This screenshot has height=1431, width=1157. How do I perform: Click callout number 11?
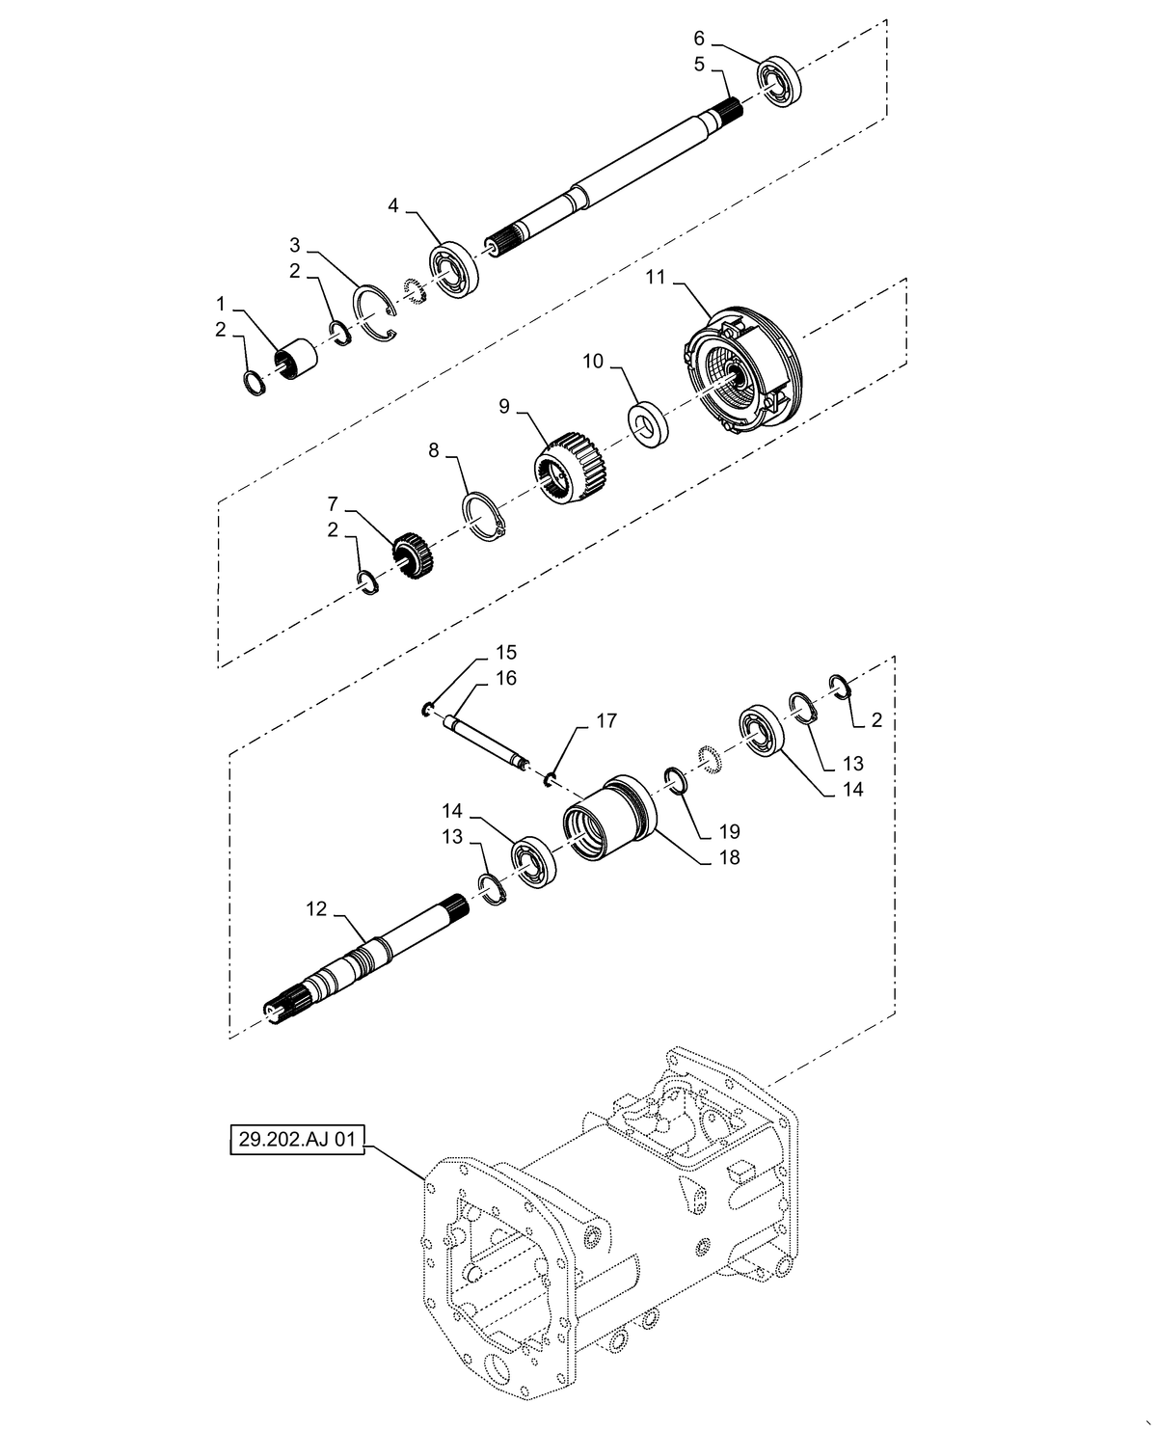(x=656, y=278)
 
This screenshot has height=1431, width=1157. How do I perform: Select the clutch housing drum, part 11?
(x=740, y=371)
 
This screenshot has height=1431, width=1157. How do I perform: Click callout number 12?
(x=316, y=909)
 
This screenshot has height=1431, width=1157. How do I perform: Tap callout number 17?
(x=605, y=721)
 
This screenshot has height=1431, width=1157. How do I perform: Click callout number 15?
(x=506, y=652)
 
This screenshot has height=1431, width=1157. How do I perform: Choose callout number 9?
(x=503, y=407)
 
